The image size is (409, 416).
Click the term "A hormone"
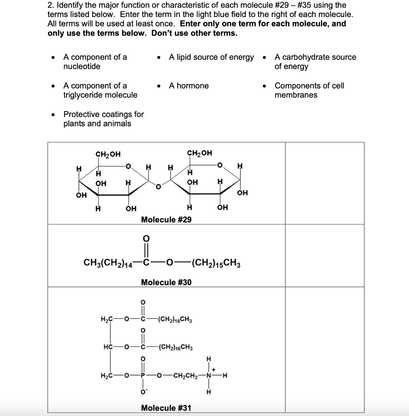coord(189,86)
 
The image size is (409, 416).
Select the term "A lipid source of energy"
coord(211,57)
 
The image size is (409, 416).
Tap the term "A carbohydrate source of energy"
coord(315,62)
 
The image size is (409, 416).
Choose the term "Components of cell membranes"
coord(309,90)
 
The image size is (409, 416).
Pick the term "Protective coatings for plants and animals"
coord(103,119)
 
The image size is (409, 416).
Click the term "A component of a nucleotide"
coord(95,62)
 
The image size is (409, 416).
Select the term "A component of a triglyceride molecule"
coord(100,90)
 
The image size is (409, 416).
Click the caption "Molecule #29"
coord(166,219)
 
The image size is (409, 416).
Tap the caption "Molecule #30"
coord(166,282)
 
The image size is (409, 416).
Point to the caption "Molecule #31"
coord(166,407)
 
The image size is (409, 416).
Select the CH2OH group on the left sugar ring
coord(108,154)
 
